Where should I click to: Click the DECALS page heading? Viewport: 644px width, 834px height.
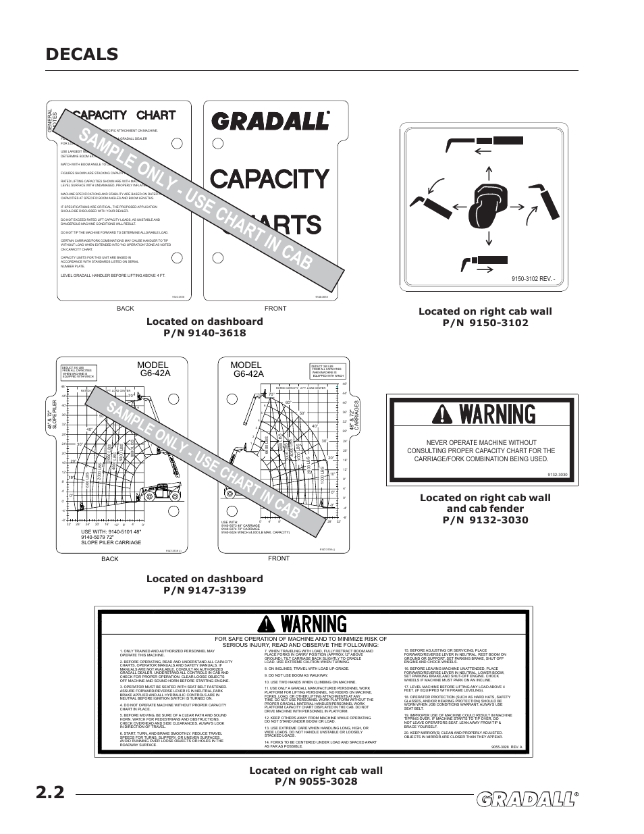click(82, 54)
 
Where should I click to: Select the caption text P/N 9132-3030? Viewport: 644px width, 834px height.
click(485, 519)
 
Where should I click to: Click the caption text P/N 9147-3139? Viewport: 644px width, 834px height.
click(204, 590)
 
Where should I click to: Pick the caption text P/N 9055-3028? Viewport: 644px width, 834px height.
click(315, 781)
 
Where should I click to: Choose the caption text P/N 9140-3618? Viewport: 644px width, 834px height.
click(204, 332)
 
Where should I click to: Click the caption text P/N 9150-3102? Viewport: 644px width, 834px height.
click(485, 323)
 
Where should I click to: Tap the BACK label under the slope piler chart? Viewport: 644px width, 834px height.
click(110, 559)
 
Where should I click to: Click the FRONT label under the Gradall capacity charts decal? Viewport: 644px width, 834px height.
click(275, 308)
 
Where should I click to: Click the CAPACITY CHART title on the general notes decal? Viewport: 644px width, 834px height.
click(124, 115)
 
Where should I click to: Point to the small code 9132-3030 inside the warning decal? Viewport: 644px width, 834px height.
click(558, 475)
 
